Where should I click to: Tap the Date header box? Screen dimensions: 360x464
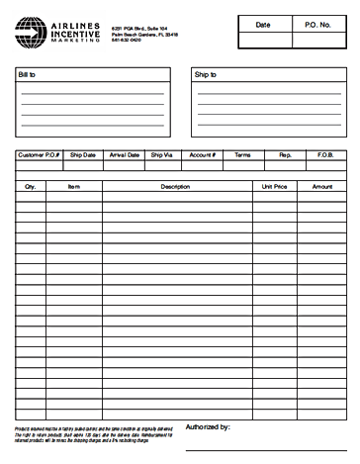(262, 24)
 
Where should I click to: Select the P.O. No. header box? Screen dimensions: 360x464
(317, 24)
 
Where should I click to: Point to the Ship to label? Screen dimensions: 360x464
(206, 75)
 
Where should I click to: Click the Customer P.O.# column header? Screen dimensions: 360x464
(40, 155)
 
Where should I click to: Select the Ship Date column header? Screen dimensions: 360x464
(83, 155)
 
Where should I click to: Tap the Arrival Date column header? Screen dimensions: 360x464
(124, 155)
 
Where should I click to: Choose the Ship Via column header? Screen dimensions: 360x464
(161, 155)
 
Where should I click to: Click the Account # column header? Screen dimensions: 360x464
(202, 155)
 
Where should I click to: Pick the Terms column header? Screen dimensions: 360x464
(242, 155)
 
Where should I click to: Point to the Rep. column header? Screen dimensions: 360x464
(285, 155)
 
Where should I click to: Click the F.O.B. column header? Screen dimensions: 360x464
(325, 155)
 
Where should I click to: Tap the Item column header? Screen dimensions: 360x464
(73, 186)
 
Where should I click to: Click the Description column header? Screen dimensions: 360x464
(175, 186)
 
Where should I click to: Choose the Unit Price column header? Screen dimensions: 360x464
(274, 186)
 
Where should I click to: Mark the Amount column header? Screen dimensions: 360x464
(322, 186)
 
